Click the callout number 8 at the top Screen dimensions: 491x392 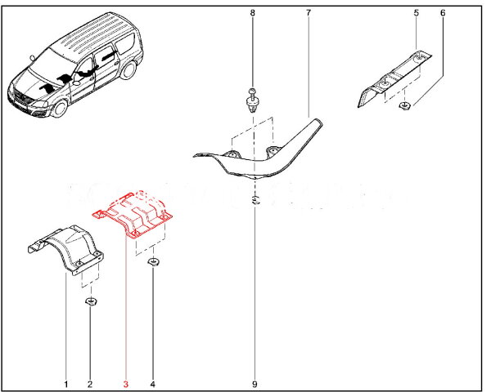tap(252, 13)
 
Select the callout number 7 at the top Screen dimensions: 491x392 tap(309, 13)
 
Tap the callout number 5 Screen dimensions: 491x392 tap(417, 13)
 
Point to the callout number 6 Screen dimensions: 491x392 tap(443, 13)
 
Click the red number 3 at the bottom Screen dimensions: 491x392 tap(126, 384)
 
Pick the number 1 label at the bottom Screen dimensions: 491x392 tap(66, 384)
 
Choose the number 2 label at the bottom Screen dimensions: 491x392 tap(90, 384)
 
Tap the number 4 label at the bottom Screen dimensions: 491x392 tap(153, 384)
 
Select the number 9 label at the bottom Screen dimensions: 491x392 tap(255, 384)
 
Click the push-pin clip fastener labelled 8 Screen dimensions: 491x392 tap(253, 101)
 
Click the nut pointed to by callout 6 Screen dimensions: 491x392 tap(404, 105)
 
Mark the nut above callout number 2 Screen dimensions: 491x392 tap(91, 301)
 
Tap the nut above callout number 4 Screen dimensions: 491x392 tap(153, 262)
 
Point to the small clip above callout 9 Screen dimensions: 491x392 tap(255, 200)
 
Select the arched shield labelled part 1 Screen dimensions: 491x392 tap(67, 250)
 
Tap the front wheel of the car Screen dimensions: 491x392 tap(61, 109)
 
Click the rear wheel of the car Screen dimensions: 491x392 tap(128, 70)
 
